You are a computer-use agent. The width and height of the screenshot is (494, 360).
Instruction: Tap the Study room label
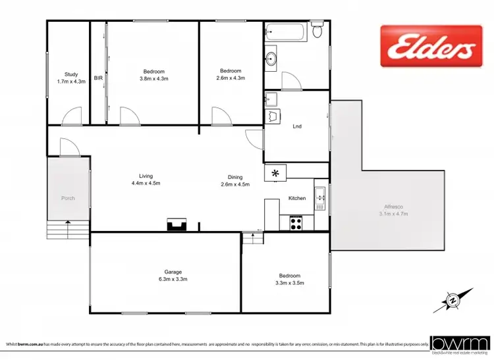point(71,74)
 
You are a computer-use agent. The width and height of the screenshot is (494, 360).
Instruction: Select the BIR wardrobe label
point(98,78)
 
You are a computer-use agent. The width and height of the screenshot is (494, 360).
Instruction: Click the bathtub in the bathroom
point(285,32)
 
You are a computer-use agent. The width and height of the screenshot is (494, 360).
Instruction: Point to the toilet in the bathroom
point(317,31)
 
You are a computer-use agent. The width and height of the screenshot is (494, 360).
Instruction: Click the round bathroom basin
point(271,60)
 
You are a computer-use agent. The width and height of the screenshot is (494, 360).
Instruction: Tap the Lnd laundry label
point(297,126)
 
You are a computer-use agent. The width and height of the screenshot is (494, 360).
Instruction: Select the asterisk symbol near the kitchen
point(275,172)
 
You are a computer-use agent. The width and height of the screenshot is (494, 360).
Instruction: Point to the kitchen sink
point(319,195)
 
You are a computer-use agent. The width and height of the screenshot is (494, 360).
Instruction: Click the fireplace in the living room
point(177,225)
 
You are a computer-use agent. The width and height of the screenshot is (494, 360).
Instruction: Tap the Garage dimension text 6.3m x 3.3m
point(173,279)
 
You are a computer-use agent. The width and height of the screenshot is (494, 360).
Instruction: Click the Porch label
point(68,198)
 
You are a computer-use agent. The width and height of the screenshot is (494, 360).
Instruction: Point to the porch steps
point(68,230)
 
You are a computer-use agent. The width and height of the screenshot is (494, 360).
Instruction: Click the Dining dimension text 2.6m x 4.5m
point(235,184)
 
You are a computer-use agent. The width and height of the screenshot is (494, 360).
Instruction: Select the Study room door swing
point(71,117)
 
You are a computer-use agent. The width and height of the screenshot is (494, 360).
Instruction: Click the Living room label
point(146,176)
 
